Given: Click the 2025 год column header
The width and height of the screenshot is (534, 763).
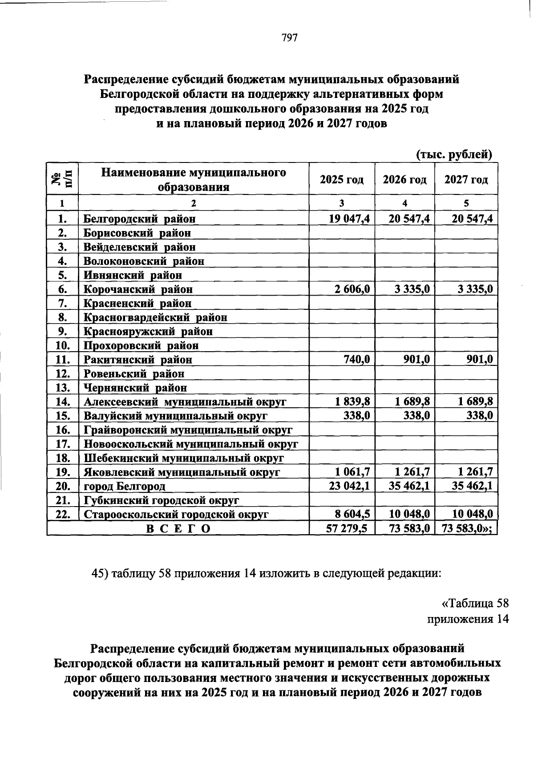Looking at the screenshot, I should pos(341,180).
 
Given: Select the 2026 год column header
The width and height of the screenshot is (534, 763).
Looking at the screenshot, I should pos(405,180).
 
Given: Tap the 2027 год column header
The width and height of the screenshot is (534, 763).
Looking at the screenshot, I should pos(466,180).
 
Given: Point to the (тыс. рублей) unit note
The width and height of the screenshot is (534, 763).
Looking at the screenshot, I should pos(454,154).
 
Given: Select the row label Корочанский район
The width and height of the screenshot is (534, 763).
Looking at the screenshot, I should pos(138,289).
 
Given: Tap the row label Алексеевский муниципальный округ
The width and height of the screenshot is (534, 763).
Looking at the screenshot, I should pos(185,402).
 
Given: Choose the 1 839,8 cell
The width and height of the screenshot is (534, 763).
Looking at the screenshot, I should pos(352,402).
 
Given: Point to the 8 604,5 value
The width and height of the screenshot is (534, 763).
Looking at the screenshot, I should pos(352,514).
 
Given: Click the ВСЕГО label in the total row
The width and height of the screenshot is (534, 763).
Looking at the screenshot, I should pos(178,528).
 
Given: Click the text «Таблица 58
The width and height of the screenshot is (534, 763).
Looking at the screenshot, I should pos(474,604).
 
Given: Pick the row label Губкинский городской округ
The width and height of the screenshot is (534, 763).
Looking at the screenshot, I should pos(162,500).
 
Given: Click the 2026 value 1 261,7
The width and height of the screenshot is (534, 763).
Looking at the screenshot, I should pos(412,472).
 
